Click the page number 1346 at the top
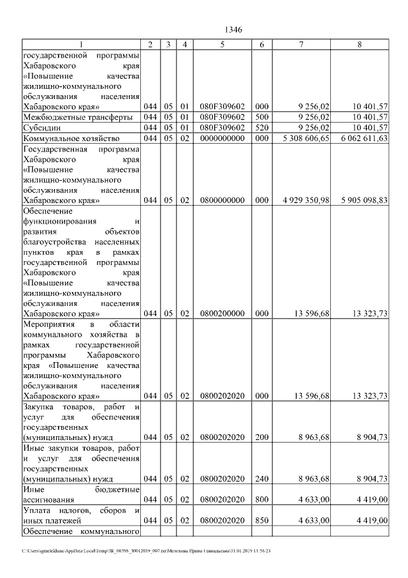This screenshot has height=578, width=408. pos(234,29)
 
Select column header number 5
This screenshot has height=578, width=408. pos(222,44)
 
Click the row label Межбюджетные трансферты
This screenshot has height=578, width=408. pos(77,117)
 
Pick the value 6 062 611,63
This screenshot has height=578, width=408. pos(361,138)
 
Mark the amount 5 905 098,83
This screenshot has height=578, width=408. pos(361,200)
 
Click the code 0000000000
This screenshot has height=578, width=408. pos(222,138)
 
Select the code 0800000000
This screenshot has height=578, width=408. pos(222,200)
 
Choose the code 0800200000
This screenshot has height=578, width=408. pos(222,314)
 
